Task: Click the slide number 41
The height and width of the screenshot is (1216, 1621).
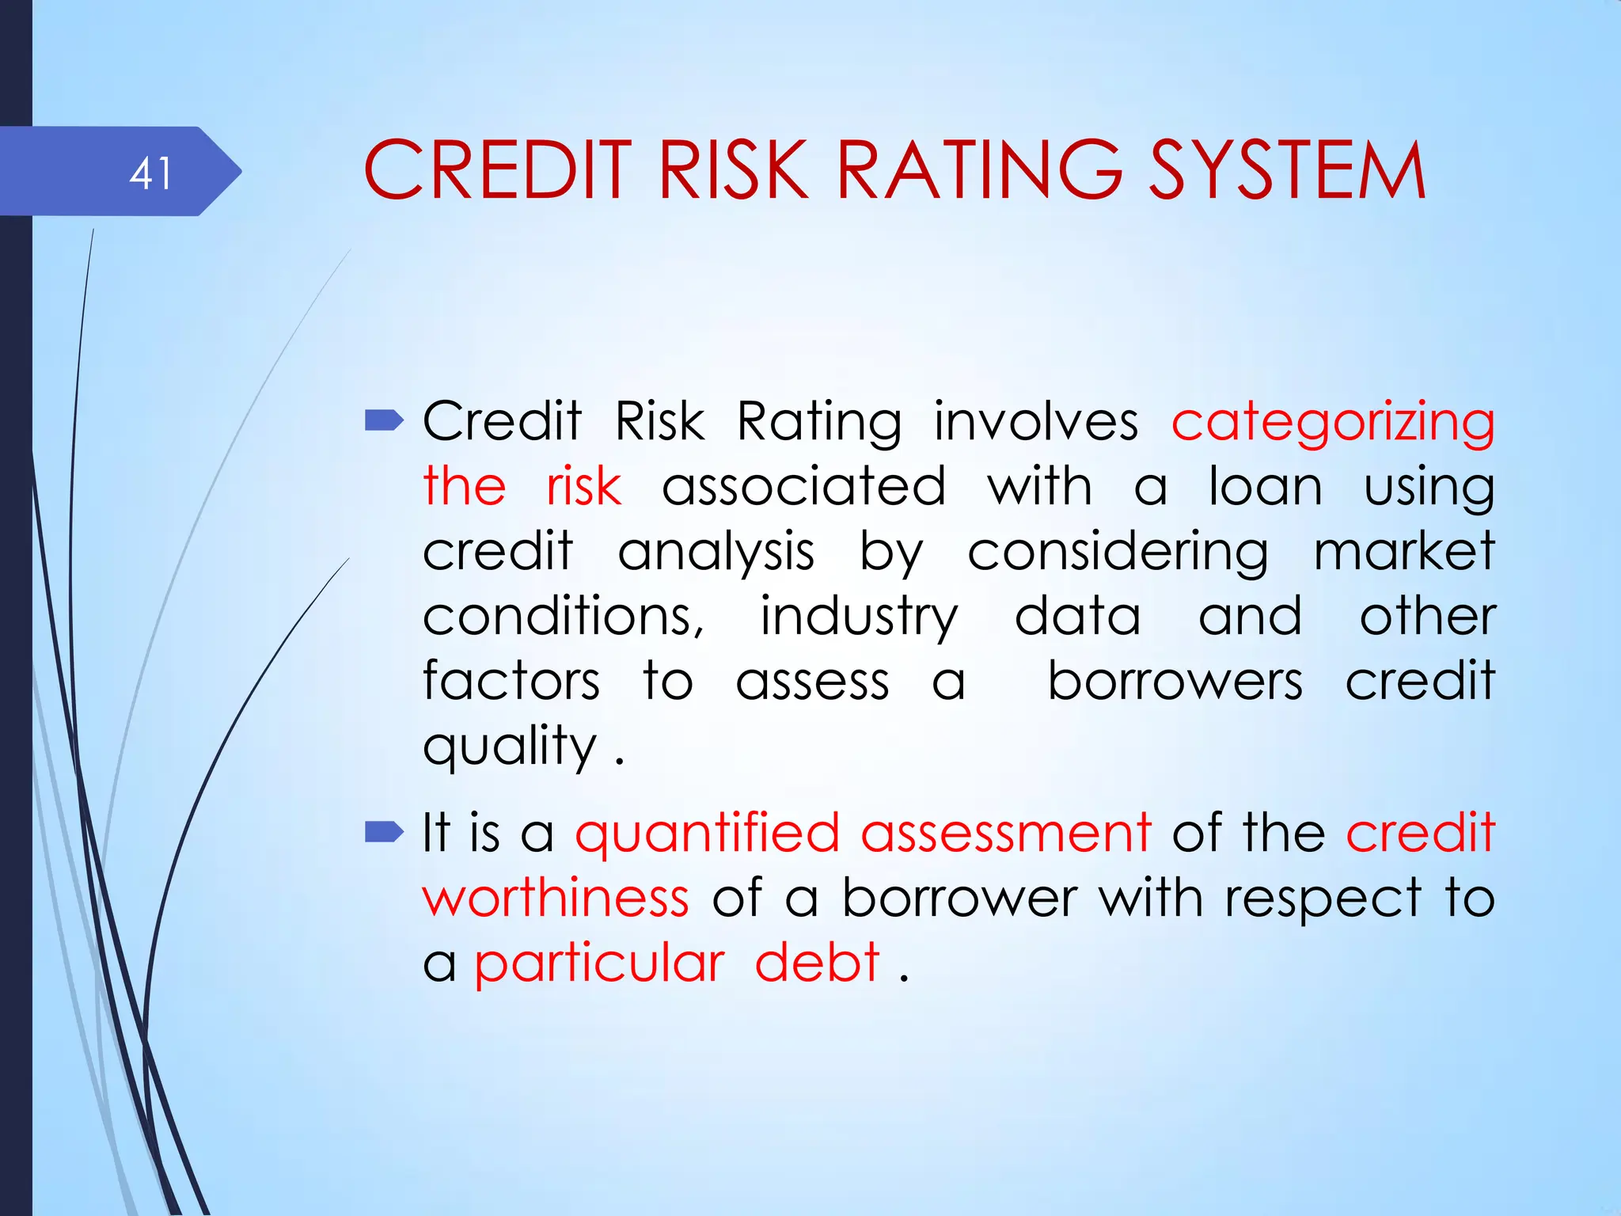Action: click(150, 173)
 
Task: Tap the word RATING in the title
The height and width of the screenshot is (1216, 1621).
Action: click(979, 170)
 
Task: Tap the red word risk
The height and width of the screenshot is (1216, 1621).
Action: click(583, 486)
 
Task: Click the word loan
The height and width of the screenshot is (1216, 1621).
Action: click(1265, 486)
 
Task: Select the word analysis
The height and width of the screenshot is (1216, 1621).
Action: click(716, 553)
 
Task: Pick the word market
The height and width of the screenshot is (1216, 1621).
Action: click(1404, 551)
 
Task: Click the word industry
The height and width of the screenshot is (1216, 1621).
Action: click(859, 617)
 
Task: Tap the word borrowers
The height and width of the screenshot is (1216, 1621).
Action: click(1175, 681)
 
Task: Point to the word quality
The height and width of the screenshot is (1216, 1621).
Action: click(510, 747)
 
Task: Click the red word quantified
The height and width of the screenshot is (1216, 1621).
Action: click(707, 834)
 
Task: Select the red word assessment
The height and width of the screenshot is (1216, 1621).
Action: click(1005, 833)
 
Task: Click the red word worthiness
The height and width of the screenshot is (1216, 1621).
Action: click(556, 898)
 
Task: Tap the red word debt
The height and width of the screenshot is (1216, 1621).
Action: click(817, 963)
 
